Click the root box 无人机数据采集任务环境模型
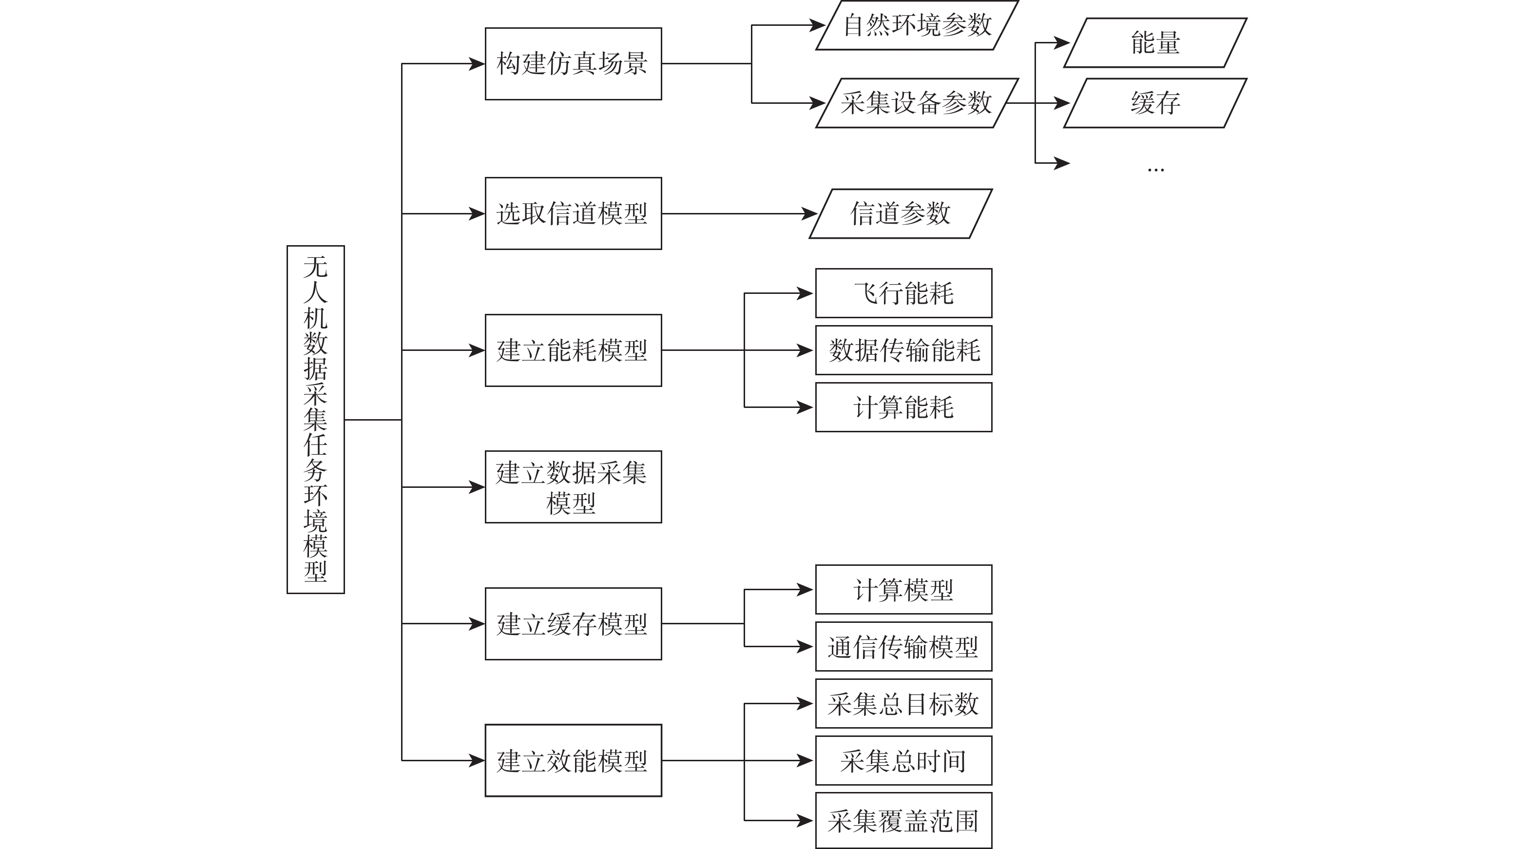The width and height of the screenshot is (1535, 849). click(x=315, y=420)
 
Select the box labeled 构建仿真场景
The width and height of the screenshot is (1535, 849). click(x=573, y=64)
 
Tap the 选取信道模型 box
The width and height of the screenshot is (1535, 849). click(x=573, y=213)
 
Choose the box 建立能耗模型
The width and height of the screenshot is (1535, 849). click(x=573, y=350)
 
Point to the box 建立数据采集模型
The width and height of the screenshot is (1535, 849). click(x=573, y=487)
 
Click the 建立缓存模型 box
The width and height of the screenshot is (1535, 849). click(x=573, y=624)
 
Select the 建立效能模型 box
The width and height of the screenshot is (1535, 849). click(x=573, y=760)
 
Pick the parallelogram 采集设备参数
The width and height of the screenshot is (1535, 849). click(x=917, y=103)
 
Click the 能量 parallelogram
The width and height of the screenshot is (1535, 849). click(x=1155, y=43)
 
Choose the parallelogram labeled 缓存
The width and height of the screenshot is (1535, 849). click(x=1155, y=103)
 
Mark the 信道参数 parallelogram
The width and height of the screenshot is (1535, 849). click(x=901, y=214)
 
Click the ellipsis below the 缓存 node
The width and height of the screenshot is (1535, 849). click(x=1155, y=170)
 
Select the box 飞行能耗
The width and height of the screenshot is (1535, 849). click(x=903, y=293)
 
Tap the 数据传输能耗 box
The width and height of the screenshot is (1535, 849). click(x=903, y=350)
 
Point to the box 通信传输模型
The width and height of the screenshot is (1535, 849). click(x=903, y=646)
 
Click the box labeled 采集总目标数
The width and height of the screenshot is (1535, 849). click(x=903, y=704)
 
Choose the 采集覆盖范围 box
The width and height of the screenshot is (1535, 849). click(x=903, y=820)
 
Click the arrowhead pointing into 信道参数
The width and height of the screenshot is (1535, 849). click(x=810, y=214)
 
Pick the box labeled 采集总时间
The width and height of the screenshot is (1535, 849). click(x=903, y=760)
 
